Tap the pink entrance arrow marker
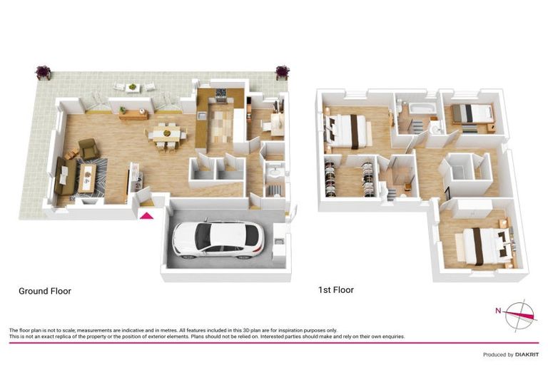tap(146, 217)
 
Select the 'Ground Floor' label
tap(44, 291)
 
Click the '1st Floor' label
tap(335, 290)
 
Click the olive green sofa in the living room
tap(64, 175)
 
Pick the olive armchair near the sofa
tap(89, 148)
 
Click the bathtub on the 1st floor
tap(415, 107)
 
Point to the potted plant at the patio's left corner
tap(44, 72)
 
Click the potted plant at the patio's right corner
tap(283, 72)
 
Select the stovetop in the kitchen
tap(221, 93)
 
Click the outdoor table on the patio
tap(135, 87)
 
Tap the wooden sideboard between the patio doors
tap(134, 114)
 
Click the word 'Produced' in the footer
tap(495, 354)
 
